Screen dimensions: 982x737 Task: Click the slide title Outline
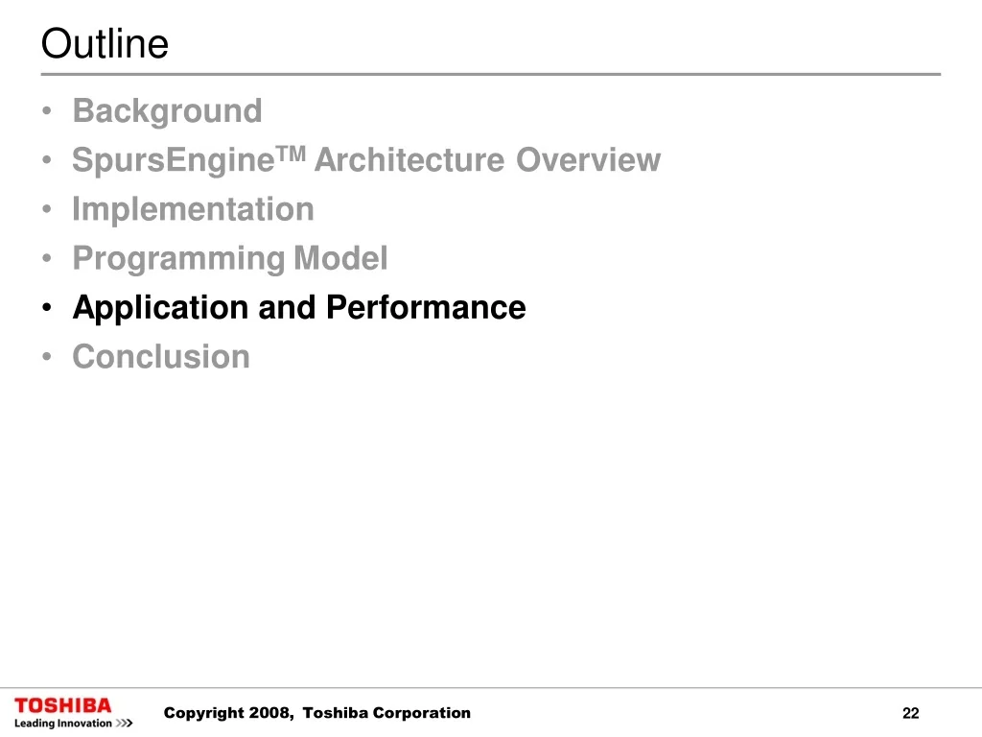(x=105, y=44)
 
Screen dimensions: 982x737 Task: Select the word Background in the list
(x=167, y=111)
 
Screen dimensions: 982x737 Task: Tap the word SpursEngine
(x=174, y=160)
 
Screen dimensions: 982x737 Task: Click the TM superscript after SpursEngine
(x=292, y=153)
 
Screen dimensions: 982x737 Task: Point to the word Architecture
(x=409, y=160)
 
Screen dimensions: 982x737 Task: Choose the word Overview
(x=588, y=160)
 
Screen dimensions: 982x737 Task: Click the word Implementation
(x=193, y=209)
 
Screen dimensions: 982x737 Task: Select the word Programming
(x=178, y=259)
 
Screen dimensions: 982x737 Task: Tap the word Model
(x=340, y=257)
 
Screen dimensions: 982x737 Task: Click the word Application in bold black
(x=161, y=308)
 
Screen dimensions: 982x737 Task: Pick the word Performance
(x=426, y=307)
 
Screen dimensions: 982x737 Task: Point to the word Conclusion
(x=161, y=357)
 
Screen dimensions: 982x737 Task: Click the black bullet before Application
(x=47, y=308)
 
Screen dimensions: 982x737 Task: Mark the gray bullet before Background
(x=47, y=111)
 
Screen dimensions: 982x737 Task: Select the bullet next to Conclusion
(x=47, y=357)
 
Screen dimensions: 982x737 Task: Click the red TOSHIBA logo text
(x=62, y=705)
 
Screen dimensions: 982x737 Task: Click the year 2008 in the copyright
(x=270, y=713)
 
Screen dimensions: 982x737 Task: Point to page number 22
(x=911, y=713)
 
